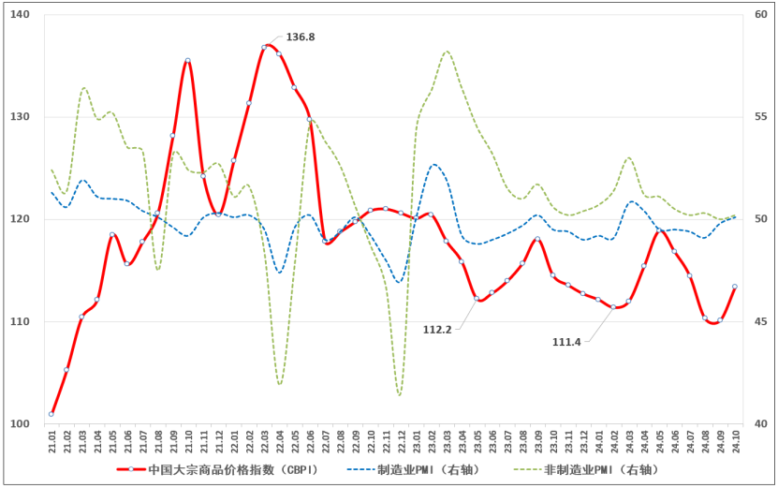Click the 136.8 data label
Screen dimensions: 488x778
pyautogui.click(x=300, y=37)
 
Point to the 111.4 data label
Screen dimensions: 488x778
pyautogui.click(x=565, y=342)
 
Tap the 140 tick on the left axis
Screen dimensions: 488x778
pyautogui.click(x=20, y=15)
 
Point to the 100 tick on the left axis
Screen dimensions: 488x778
pyautogui.click(x=20, y=424)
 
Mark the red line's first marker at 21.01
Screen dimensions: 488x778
pyautogui.click(x=51, y=414)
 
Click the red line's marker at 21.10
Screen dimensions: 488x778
pyautogui.click(x=188, y=60)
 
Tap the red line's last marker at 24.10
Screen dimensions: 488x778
pyautogui.click(x=735, y=287)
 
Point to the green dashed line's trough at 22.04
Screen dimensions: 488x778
pyautogui.click(x=280, y=384)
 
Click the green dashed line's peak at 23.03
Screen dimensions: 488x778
pyautogui.click(x=447, y=52)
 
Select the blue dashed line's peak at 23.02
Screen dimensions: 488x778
pyautogui.click(x=433, y=165)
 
